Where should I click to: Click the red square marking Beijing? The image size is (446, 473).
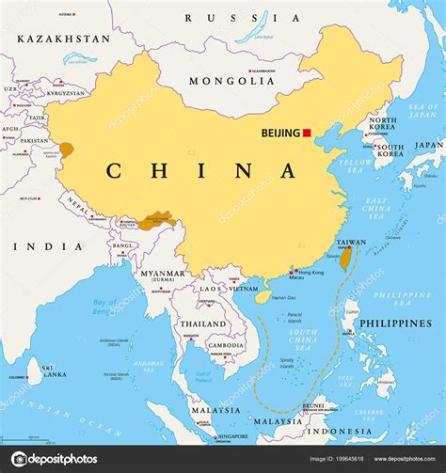(307, 134)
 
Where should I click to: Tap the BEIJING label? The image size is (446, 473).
(280, 134)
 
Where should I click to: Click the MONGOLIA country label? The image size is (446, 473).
(232, 81)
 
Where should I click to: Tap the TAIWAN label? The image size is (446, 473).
(350, 242)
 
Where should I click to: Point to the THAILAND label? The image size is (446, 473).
(203, 323)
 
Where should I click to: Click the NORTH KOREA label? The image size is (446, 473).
(382, 126)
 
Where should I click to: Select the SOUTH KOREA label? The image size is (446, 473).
(389, 153)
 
